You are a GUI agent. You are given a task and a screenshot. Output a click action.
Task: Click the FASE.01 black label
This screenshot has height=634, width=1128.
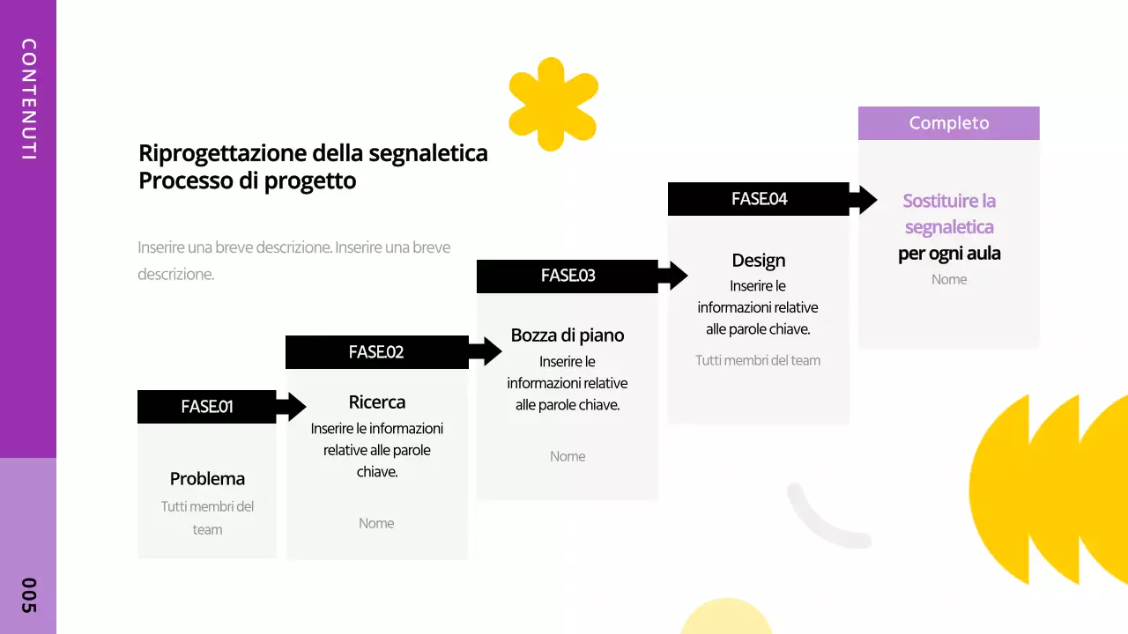point(207,407)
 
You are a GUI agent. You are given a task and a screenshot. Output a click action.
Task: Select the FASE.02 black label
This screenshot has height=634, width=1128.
point(376,352)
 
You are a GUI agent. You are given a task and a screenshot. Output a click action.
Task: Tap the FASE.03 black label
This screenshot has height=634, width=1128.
point(568,276)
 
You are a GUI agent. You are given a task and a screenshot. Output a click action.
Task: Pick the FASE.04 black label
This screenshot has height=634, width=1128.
point(759,199)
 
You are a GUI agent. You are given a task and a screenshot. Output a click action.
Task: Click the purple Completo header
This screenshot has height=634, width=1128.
point(948,123)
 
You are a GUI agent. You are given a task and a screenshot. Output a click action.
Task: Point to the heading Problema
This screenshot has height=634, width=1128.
point(207,479)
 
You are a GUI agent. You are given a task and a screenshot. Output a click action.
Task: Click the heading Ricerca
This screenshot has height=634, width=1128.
point(377,402)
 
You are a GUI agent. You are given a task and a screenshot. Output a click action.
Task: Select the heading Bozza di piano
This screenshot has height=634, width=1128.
point(568,335)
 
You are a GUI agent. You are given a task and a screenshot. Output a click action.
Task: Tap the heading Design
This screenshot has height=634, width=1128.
point(758,261)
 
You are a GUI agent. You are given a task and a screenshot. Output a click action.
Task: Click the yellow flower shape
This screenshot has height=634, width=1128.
point(553,104)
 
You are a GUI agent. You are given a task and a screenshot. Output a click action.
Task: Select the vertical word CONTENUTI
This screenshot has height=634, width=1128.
point(28,99)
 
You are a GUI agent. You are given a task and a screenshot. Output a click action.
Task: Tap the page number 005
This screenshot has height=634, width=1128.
point(28,596)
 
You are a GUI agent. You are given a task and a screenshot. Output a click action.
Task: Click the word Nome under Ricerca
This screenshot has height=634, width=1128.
point(376,523)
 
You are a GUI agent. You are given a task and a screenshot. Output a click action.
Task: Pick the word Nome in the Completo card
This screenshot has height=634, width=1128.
point(949,279)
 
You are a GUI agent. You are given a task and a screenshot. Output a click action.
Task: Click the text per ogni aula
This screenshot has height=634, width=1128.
point(949,254)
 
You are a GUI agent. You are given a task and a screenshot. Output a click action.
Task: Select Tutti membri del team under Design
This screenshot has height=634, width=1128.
point(758,360)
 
